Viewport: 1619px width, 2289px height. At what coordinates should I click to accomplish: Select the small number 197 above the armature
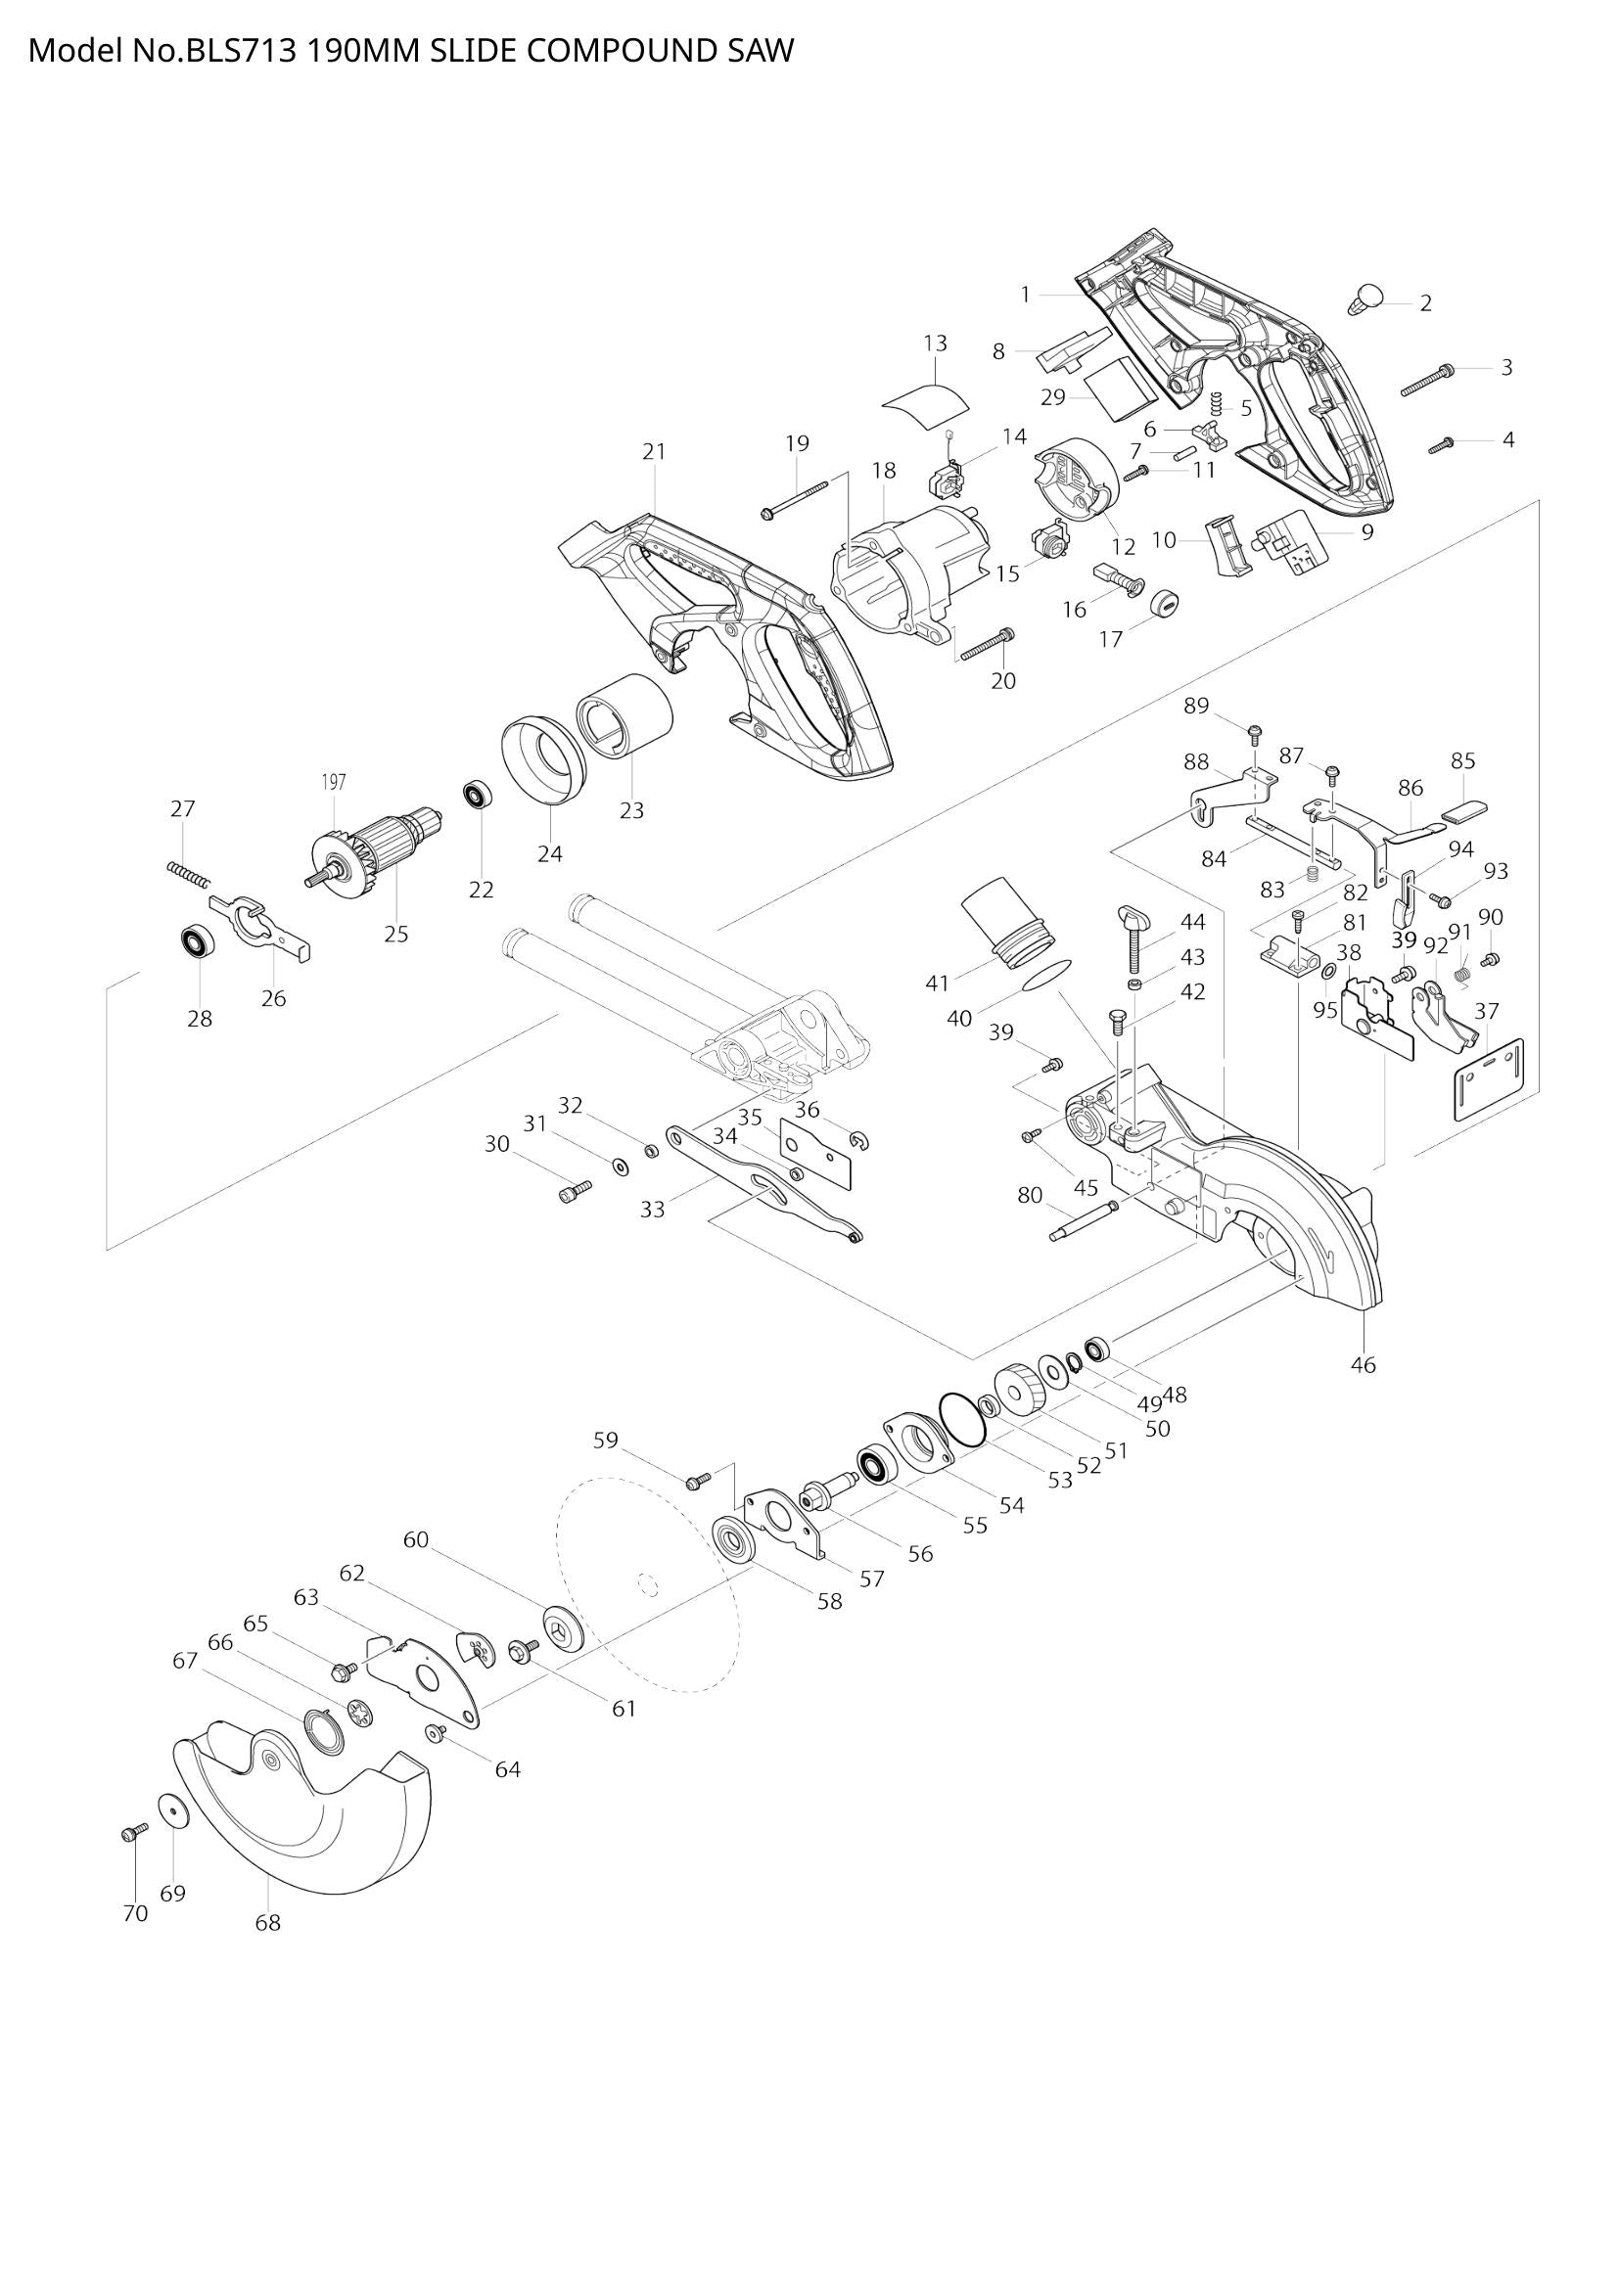(x=333, y=783)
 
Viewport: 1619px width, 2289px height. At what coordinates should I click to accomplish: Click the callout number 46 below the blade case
(x=1362, y=1364)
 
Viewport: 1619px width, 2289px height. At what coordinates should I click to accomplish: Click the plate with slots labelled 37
(x=1490, y=1079)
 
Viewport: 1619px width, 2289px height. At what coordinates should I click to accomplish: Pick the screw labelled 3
(x=1426, y=380)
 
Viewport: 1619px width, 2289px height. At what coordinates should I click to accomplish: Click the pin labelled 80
(x=1083, y=1220)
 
